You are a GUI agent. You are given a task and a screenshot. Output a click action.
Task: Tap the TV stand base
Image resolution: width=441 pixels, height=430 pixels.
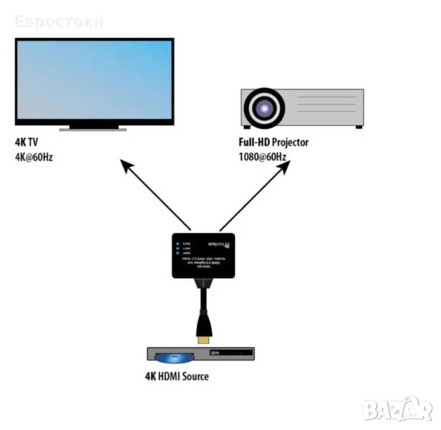tap(94, 130)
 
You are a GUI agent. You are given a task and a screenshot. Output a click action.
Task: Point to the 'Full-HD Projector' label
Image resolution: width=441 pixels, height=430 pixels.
tap(274, 143)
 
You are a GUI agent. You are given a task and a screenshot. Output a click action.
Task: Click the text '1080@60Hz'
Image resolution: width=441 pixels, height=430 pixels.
tap(263, 156)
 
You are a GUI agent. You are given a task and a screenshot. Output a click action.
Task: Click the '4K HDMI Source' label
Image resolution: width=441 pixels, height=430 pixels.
tap(176, 377)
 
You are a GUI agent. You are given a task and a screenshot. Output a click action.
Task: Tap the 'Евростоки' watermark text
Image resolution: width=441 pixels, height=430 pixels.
tap(59, 21)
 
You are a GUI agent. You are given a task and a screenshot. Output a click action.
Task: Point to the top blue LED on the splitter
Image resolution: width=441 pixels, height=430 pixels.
tap(176, 244)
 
